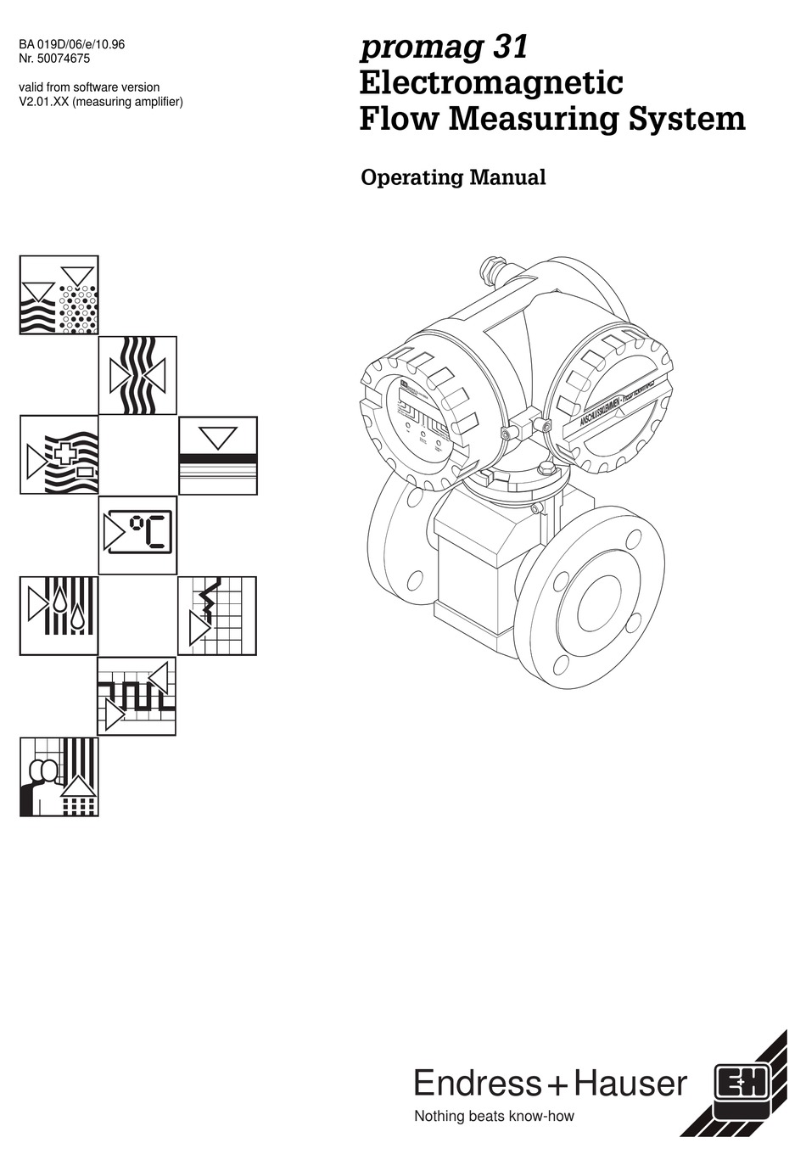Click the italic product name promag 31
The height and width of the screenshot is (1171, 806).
[x=444, y=47]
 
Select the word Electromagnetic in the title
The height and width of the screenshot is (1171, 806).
[x=491, y=83]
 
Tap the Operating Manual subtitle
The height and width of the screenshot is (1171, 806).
[x=453, y=177]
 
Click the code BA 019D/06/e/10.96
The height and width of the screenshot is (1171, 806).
[x=71, y=44]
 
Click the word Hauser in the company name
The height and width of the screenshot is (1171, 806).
[x=630, y=1084]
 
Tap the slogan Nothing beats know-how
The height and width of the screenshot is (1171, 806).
[x=493, y=1117]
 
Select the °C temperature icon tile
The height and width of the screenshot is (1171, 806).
[x=137, y=535]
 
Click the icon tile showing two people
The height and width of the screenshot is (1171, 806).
[x=59, y=776]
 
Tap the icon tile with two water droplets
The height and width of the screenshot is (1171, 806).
[x=59, y=615]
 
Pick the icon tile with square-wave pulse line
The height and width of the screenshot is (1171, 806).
[x=137, y=696]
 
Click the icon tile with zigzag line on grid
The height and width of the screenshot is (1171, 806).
[x=217, y=615]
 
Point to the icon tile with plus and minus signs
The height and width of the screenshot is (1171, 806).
[x=59, y=455]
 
